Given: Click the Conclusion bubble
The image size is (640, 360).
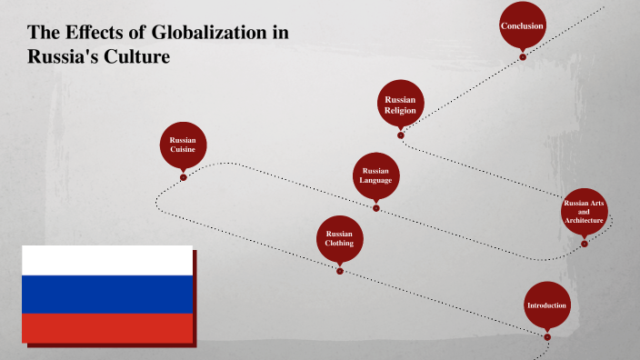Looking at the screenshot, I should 523,25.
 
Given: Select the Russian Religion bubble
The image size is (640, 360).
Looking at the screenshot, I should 400,105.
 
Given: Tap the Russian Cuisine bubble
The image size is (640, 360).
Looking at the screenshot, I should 183,145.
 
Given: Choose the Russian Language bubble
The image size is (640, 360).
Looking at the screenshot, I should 375,175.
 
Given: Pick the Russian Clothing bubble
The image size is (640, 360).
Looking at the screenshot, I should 339,238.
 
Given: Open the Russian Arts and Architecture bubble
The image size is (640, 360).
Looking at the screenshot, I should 584,212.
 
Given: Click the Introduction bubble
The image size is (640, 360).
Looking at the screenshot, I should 547,305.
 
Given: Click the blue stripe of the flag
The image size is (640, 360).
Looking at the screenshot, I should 107,294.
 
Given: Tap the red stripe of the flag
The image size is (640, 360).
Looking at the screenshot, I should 107,327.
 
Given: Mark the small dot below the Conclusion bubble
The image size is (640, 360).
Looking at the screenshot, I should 523,56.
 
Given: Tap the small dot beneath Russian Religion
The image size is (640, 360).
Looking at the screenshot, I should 400,135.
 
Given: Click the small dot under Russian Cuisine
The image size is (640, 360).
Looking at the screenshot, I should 183,177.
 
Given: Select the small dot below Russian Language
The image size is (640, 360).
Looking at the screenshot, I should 375,207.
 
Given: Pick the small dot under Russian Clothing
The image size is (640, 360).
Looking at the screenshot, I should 339,270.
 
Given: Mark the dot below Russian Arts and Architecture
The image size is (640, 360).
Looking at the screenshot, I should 584,244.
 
